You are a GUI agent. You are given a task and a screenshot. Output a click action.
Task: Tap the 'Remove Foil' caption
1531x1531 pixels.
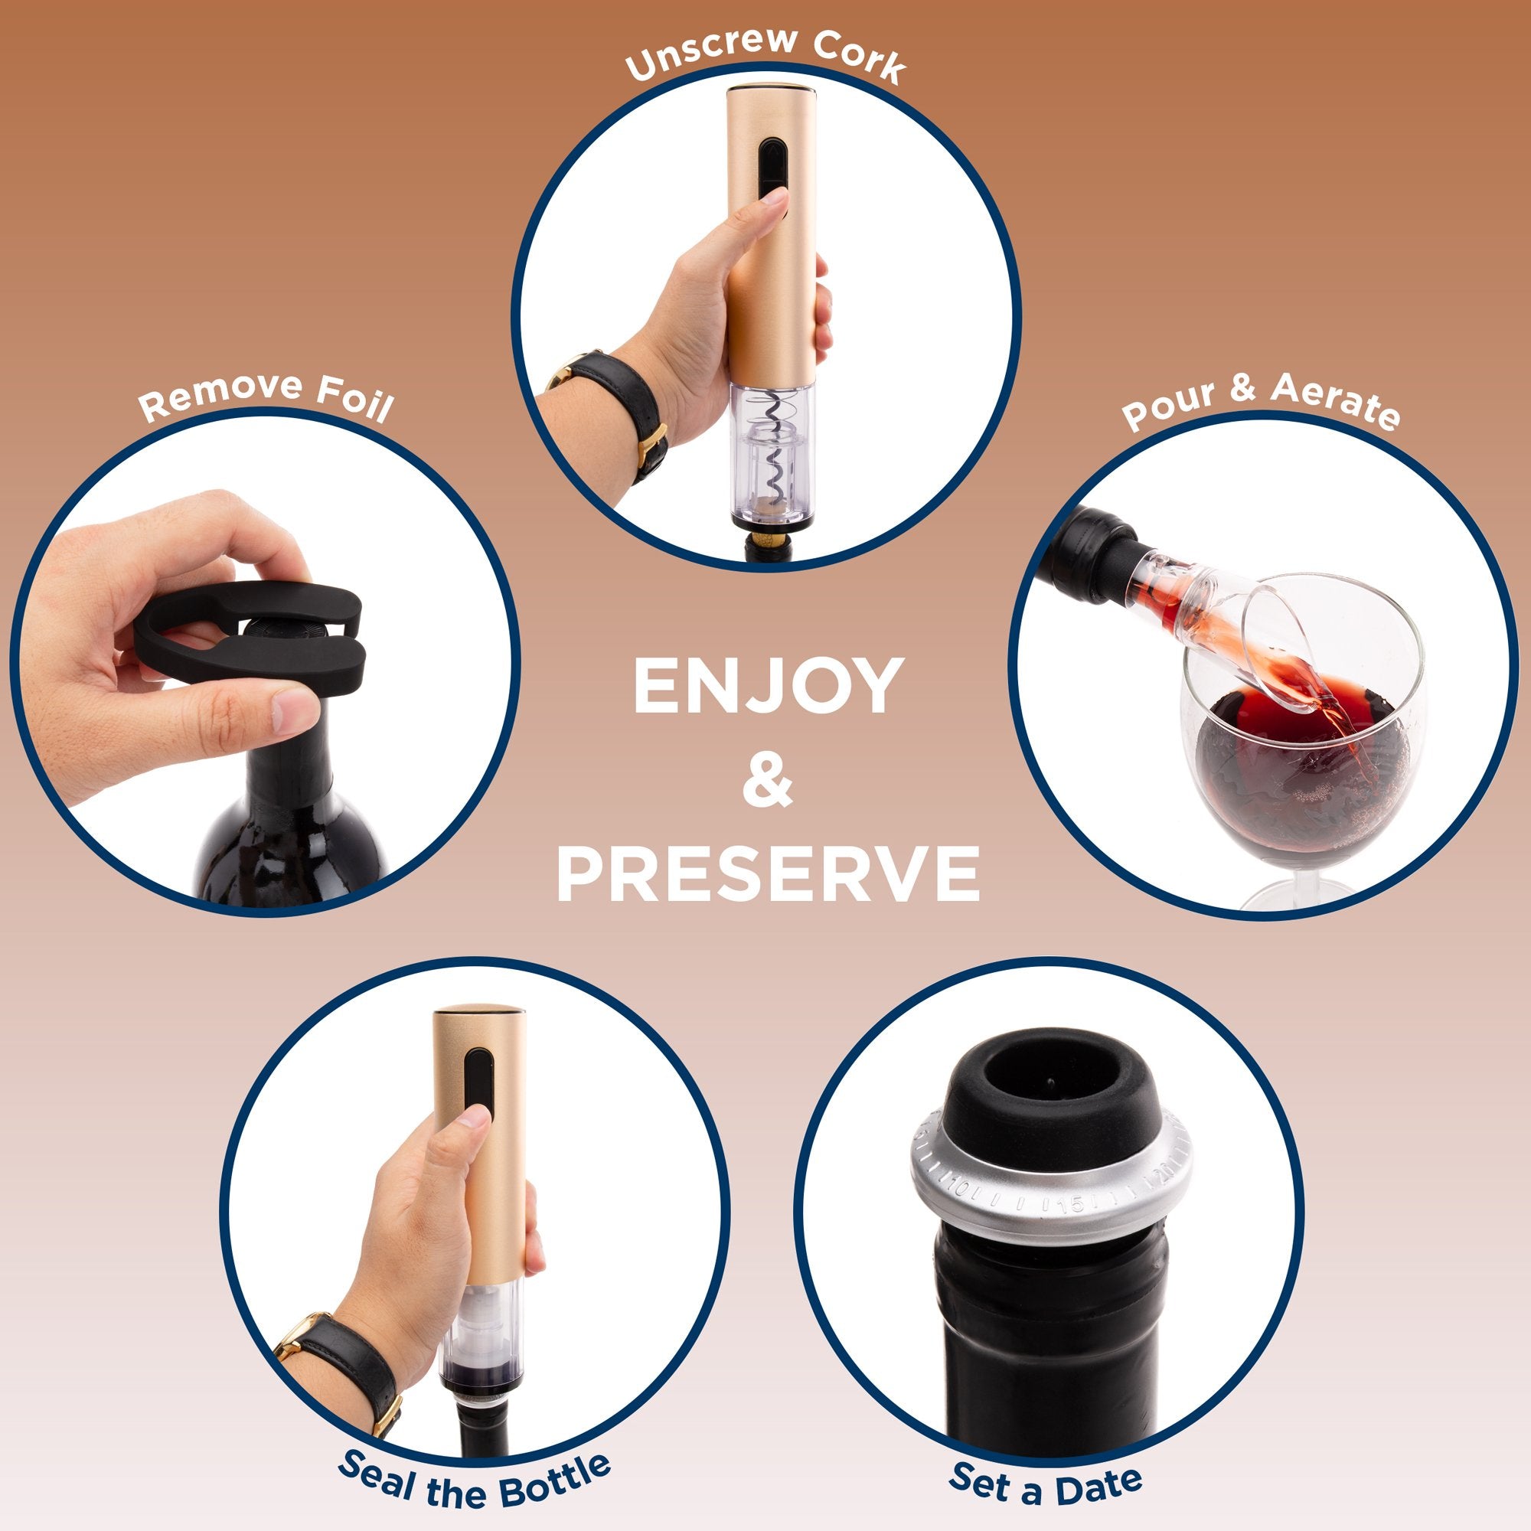pos(266,397)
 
